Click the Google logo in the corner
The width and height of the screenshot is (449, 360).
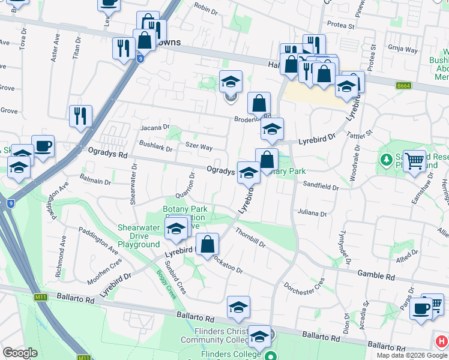pyautogui.click(x=20, y=353)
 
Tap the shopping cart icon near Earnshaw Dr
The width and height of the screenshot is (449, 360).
pyautogui.click(x=414, y=161)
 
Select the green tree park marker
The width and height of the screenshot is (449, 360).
pyautogui.click(x=385, y=160)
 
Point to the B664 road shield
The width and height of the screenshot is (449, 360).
pyautogui.click(x=403, y=86)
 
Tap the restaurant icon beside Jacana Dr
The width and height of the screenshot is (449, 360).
pyautogui.click(x=80, y=115)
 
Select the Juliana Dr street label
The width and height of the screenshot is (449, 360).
pyautogui.click(x=312, y=213)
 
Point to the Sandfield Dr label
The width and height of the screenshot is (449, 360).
pyautogui.click(x=321, y=186)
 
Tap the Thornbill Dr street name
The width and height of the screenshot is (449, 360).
pyautogui.click(x=250, y=239)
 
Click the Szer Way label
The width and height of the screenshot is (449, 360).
pyautogui.click(x=199, y=146)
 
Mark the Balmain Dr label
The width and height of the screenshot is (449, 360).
pyautogui.click(x=97, y=181)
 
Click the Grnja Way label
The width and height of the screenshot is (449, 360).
pyautogui.click(x=403, y=50)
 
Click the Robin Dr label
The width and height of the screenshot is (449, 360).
pyautogui.click(x=206, y=8)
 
